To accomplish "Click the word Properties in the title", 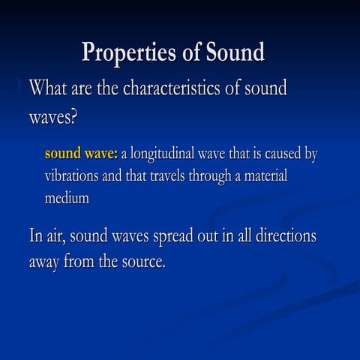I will (130, 53).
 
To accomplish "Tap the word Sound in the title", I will (232, 53).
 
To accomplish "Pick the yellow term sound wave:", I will (81, 154).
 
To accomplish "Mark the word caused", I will (280, 154).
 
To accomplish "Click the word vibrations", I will (73, 176).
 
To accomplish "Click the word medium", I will (67, 198).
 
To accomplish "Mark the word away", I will (44, 263).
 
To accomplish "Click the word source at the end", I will (140, 263).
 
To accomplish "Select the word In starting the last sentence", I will (35, 236).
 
